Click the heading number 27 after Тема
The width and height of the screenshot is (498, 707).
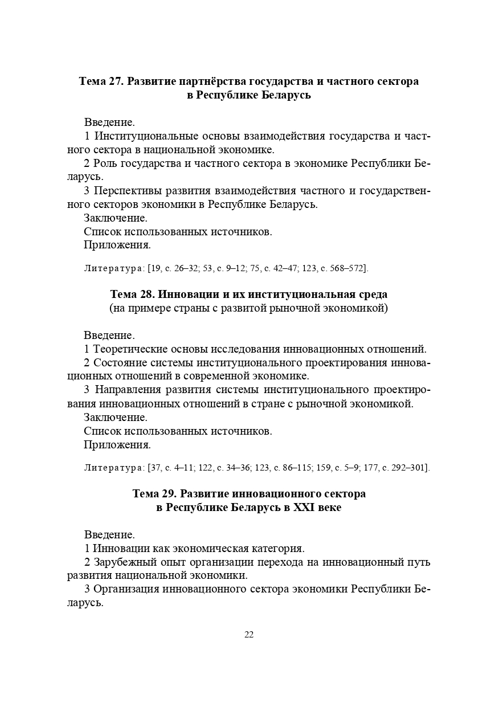[115, 81]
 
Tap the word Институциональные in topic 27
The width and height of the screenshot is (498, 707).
[146, 137]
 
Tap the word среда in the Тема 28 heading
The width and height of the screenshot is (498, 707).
[372, 295]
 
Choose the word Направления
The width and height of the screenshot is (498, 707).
[128, 390]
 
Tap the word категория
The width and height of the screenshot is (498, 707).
[276, 549]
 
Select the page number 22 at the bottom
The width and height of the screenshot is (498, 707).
[249, 635]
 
